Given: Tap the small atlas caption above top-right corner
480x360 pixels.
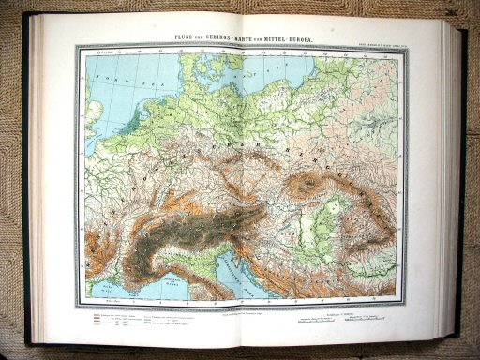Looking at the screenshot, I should [375, 40].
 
